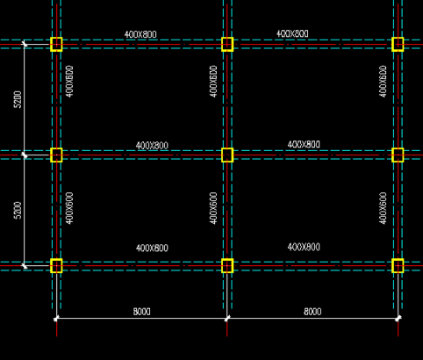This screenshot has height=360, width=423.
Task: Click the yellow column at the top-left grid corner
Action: point(56,45)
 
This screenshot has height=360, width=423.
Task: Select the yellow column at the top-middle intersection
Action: point(227,45)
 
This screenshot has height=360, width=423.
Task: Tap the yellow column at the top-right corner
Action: point(398,45)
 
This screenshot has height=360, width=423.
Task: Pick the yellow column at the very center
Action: point(227,155)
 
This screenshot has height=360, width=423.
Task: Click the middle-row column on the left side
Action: point(56,155)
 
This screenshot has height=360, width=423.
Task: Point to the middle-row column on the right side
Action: point(398,155)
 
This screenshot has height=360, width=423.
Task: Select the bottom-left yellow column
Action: point(56,266)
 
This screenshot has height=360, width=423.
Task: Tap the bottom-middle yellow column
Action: point(227,266)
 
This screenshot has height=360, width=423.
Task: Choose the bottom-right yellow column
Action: point(398,266)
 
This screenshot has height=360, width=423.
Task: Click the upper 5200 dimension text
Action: point(18,99)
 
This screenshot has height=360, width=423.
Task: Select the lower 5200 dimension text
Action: point(18,210)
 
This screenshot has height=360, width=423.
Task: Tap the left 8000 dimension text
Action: point(142,312)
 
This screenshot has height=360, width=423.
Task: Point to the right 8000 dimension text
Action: point(312,312)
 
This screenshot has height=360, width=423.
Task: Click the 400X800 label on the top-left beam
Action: point(140,34)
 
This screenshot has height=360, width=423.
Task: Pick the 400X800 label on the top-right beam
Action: point(292,33)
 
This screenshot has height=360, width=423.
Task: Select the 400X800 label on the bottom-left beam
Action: point(152,248)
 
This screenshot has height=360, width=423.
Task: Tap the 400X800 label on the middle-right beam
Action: point(304,145)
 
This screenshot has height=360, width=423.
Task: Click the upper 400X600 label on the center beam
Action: point(213,82)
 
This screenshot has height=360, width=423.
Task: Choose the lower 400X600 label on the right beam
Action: point(383,208)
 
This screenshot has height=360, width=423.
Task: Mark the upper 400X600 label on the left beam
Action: point(69,82)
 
